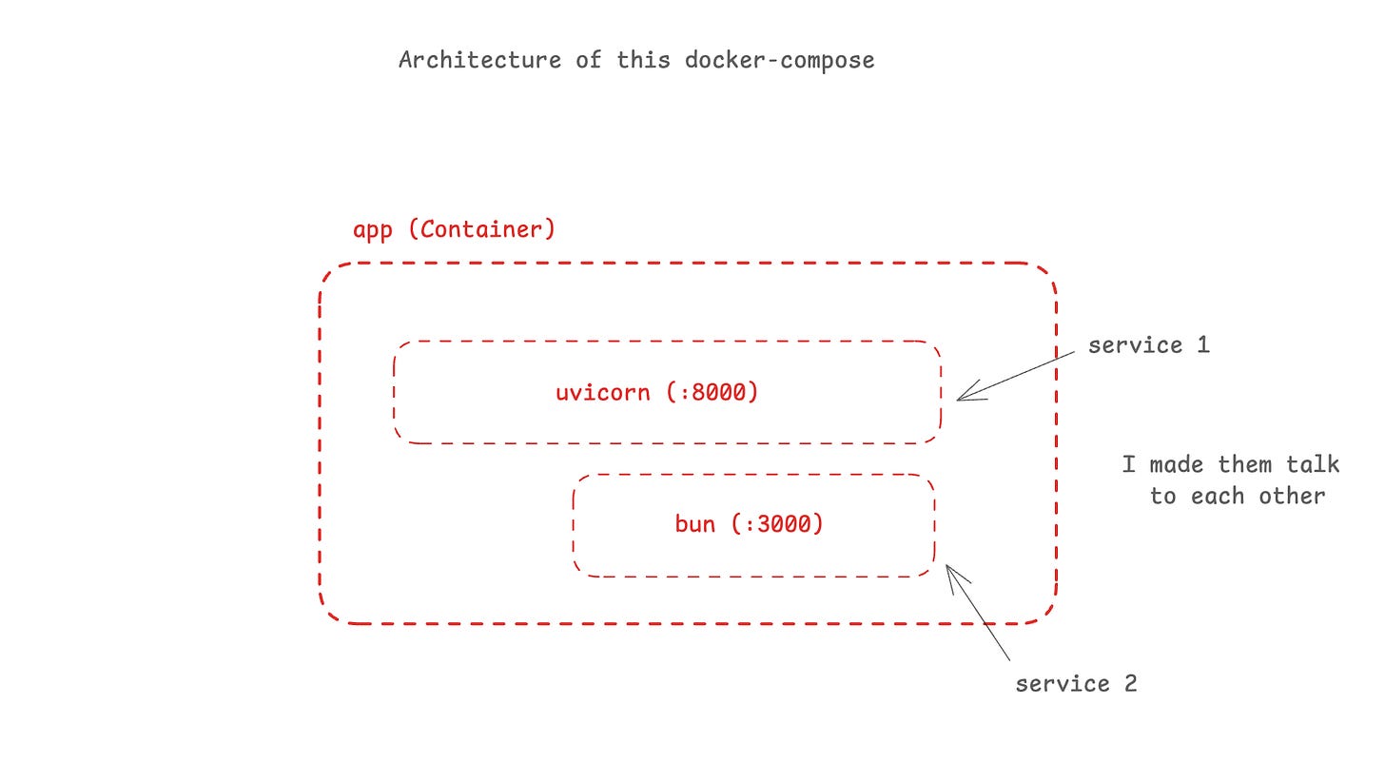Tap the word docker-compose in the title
[x=779, y=60]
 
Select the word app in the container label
[x=372, y=230]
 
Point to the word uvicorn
[x=603, y=392]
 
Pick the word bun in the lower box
[x=694, y=523]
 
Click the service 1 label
[x=1148, y=345]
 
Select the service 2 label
[x=1076, y=684]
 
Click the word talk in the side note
[x=1313, y=464]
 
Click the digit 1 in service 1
[x=1202, y=345]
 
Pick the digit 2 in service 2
[x=1130, y=684]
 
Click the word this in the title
[x=645, y=60]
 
